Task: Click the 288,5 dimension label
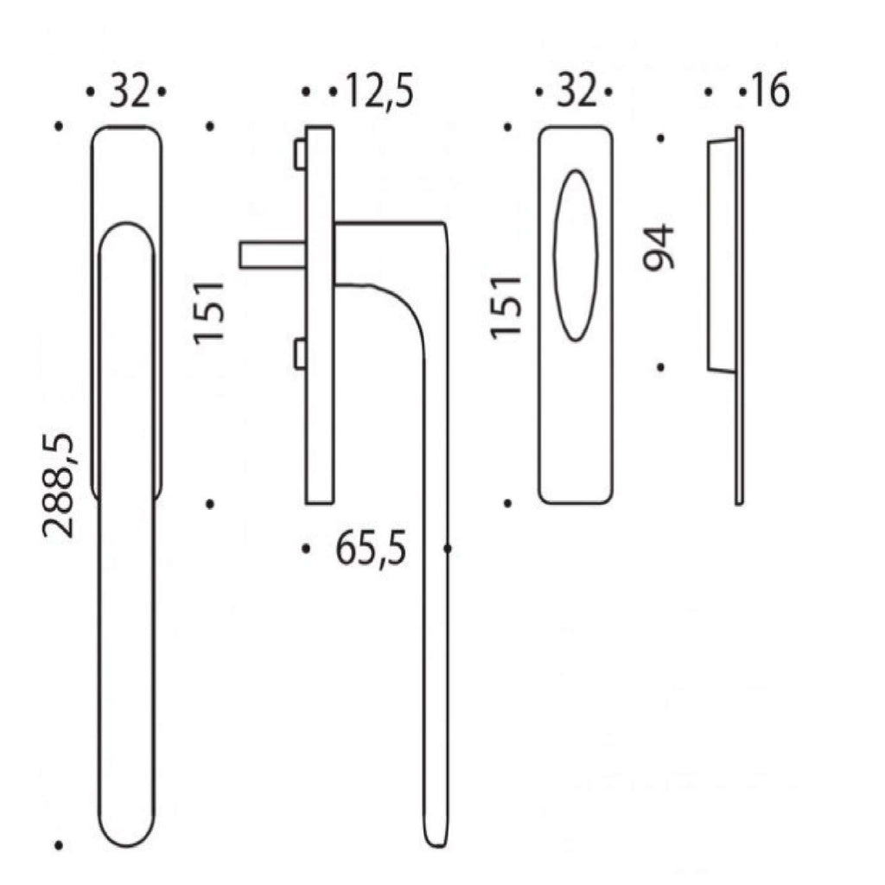click(58, 486)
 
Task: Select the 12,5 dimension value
click(379, 91)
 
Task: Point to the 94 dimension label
click(659, 248)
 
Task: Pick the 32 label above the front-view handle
click(131, 91)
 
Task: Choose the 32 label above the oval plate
click(576, 91)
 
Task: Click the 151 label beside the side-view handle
click(209, 312)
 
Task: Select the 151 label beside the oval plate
click(506, 308)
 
